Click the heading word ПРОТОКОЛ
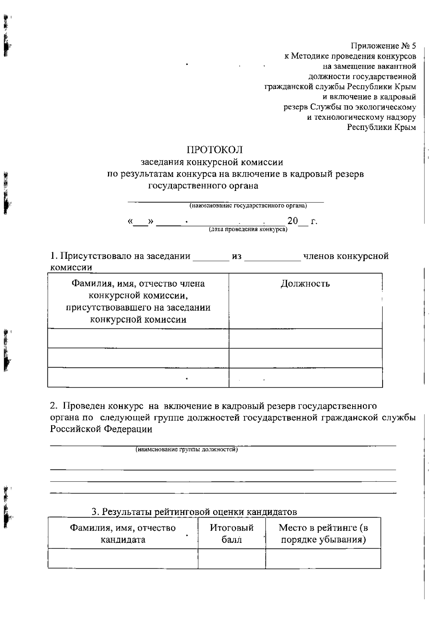point(215,150)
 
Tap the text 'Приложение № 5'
point(383,46)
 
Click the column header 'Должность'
point(305,284)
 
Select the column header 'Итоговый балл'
point(231,533)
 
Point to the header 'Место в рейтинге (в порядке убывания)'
point(323,533)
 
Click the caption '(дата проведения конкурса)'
point(248,230)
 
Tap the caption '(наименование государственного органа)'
point(248,206)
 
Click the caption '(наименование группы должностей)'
point(187,450)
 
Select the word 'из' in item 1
point(237,256)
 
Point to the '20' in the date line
point(292,221)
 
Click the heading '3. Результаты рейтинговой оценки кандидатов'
point(194,512)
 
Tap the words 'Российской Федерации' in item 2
point(101,429)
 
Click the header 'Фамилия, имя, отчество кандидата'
point(123,533)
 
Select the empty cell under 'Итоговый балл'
point(231,558)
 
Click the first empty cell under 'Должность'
point(305,338)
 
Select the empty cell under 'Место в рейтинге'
point(323,558)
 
